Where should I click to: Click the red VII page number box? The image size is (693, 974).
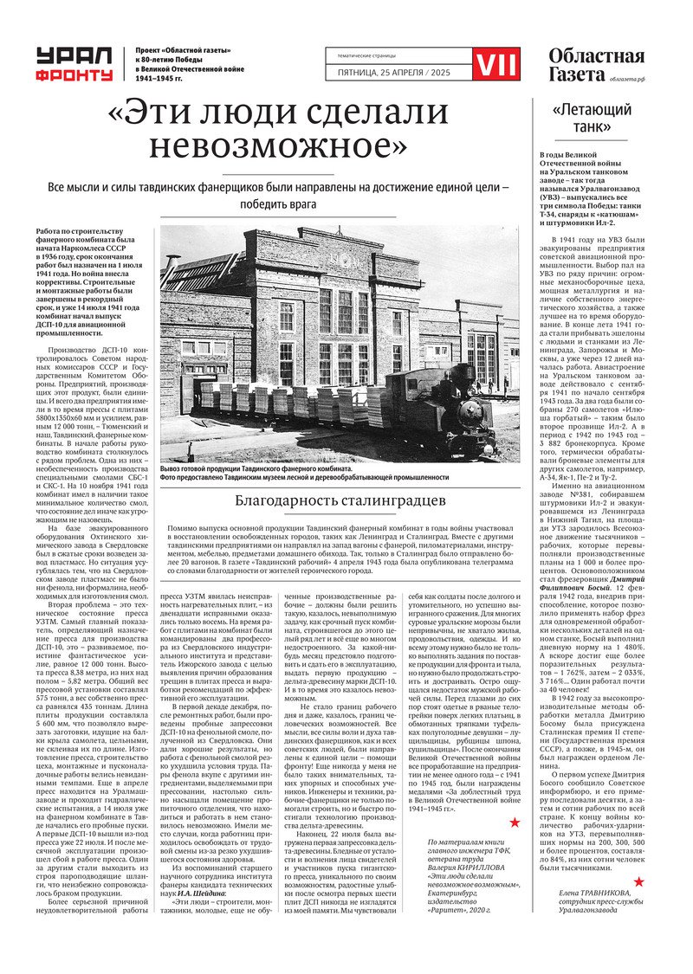pyautogui.click(x=497, y=62)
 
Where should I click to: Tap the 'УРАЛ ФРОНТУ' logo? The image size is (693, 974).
pyautogui.click(x=74, y=64)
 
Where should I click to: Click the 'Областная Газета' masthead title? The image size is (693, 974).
pyautogui.click(x=596, y=64)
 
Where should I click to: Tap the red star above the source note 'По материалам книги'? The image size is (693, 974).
pyautogui.click(x=514, y=822)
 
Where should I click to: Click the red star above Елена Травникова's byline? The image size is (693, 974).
pyautogui.click(x=639, y=882)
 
